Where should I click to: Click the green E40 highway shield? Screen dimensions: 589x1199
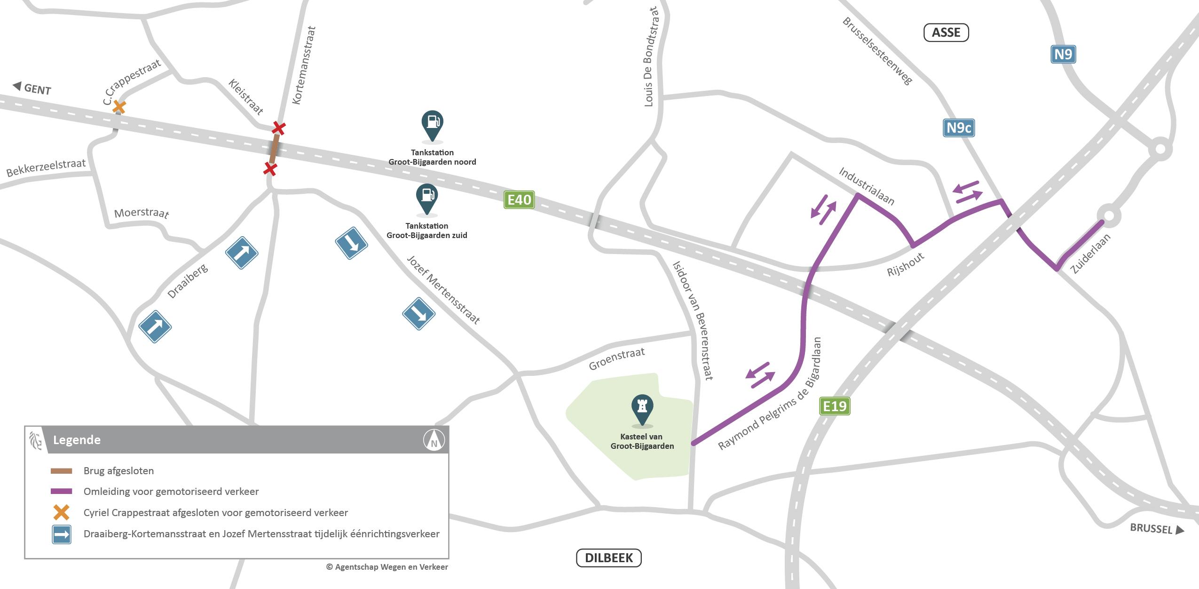click(x=519, y=200)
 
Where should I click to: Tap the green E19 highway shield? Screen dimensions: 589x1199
click(x=835, y=406)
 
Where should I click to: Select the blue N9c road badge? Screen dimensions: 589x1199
click(x=959, y=128)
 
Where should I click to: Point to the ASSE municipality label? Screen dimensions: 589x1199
click(x=946, y=32)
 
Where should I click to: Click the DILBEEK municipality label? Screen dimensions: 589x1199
click(x=608, y=558)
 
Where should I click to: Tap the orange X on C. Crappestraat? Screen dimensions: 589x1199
click(x=119, y=107)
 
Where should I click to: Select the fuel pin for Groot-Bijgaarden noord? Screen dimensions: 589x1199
click(x=432, y=125)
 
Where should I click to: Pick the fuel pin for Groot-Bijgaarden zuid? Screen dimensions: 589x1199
click(x=427, y=198)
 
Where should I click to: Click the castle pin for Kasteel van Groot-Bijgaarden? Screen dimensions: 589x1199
click(x=642, y=409)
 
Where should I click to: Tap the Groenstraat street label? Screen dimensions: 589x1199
click(x=616, y=359)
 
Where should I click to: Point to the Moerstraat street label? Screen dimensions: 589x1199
click(x=142, y=213)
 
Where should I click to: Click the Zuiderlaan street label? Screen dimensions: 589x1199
click(x=1090, y=254)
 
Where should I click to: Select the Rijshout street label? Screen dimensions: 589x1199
click(x=906, y=265)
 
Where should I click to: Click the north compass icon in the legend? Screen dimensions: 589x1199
click(x=434, y=441)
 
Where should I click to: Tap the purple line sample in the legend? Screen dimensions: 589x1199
click(x=62, y=491)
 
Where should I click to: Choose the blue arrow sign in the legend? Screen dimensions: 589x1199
click(x=62, y=534)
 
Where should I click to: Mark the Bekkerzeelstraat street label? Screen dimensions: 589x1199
click(x=46, y=167)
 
